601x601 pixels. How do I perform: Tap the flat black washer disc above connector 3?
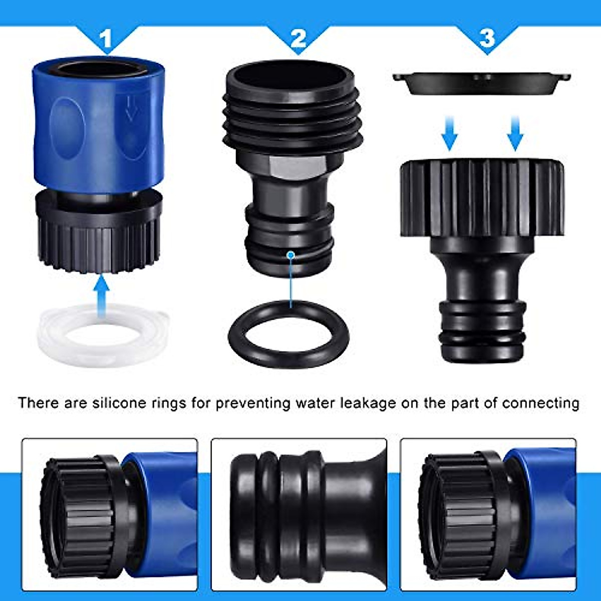click(481, 83)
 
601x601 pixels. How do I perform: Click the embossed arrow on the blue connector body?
click(131, 108)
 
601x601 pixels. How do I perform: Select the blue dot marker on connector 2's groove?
click(290, 255)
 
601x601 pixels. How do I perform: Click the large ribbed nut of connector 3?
click(482, 198)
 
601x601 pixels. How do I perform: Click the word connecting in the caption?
click(541, 403)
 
